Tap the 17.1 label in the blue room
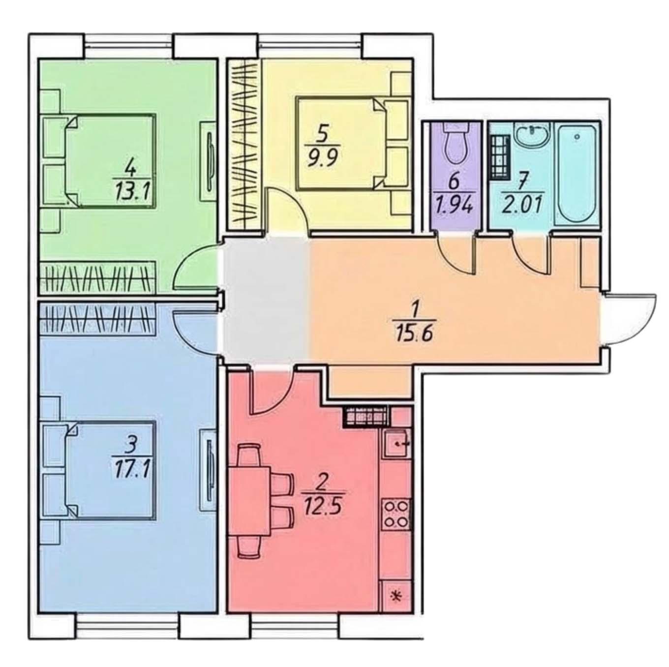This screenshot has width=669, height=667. pyautogui.click(x=131, y=462)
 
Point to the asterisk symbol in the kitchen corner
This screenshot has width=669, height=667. pyautogui.click(x=395, y=597)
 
